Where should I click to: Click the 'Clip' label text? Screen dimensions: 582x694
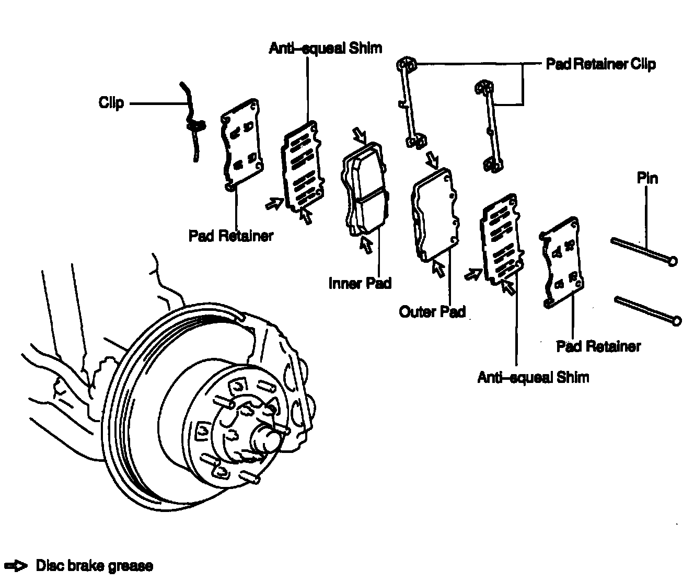point(111,103)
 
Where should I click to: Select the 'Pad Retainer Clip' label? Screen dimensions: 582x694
point(600,64)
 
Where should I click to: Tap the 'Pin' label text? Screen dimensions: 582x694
point(647,179)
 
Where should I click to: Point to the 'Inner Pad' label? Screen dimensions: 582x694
point(360,283)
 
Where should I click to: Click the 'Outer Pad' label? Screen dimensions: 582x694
point(432,312)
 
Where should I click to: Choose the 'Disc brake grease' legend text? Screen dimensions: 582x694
point(95,566)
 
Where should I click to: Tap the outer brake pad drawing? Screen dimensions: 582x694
point(435,214)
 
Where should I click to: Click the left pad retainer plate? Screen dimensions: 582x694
point(241,144)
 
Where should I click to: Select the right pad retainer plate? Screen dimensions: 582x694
point(560,261)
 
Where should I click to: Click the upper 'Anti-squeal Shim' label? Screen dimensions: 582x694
point(325,49)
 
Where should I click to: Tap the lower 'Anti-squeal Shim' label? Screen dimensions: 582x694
point(533,377)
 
